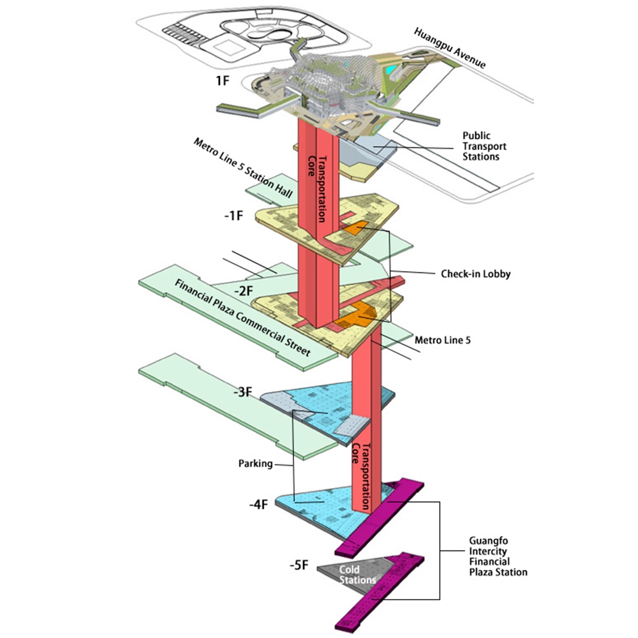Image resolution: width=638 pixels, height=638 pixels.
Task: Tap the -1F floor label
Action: click(233, 216)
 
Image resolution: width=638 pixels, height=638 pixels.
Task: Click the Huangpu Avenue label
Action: click(450, 48)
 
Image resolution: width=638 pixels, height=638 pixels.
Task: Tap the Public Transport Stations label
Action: click(486, 146)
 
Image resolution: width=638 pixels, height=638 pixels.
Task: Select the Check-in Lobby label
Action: click(476, 274)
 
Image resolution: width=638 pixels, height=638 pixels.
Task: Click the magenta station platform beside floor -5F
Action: click(383, 587)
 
